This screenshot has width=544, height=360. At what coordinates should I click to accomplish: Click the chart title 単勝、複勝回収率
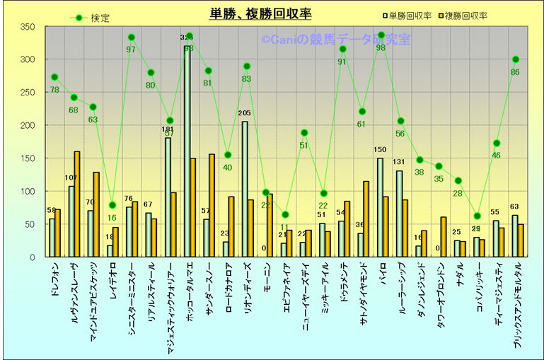(x=260, y=14)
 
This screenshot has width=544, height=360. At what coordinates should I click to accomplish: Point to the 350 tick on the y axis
(x=27, y=27)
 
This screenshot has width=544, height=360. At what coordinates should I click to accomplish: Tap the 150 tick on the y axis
(x=27, y=158)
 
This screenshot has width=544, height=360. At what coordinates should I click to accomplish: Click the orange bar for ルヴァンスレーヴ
(x=77, y=204)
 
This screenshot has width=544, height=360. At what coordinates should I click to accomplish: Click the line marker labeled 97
(x=132, y=37)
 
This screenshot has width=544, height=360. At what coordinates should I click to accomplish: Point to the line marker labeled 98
(x=381, y=35)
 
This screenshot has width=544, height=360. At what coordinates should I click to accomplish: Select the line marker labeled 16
(x=112, y=205)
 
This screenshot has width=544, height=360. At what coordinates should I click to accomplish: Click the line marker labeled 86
(x=516, y=59)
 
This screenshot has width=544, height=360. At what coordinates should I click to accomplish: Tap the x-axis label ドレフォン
(x=55, y=279)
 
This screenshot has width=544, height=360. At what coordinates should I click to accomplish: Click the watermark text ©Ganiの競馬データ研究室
(x=336, y=40)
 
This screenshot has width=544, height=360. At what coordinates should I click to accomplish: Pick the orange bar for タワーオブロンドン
(x=444, y=237)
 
